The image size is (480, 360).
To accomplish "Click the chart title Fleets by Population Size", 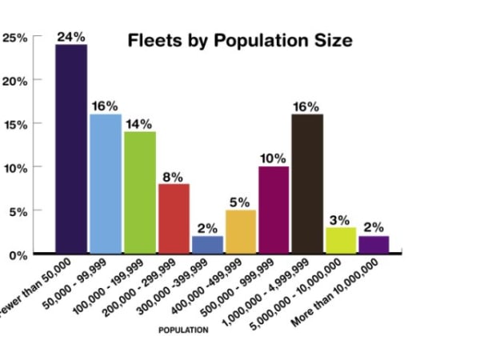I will (x=240, y=41).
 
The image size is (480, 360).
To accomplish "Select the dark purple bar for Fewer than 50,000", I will (x=71, y=148).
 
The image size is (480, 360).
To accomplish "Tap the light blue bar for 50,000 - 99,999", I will (x=105, y=183).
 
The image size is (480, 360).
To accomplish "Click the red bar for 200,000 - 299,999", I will (x=174, y=218).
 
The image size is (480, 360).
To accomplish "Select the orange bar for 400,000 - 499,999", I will (x=240, y=231).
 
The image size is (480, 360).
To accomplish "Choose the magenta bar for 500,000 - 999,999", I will (x=274, y=210).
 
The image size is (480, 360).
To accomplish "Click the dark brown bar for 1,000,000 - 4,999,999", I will (x=306, y=183).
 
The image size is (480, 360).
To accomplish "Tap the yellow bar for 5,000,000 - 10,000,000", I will (x=340, y=239).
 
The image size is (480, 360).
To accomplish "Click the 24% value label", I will (x=71, y=37).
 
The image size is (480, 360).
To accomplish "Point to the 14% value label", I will (x=139, y=124).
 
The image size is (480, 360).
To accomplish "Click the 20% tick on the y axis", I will (x=16, y=81).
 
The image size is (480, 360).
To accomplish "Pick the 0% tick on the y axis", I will (x=18, y=255).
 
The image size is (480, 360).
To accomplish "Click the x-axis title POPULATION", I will (x=183, y=330).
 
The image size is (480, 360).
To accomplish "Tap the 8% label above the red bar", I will (x=174, y=177).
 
